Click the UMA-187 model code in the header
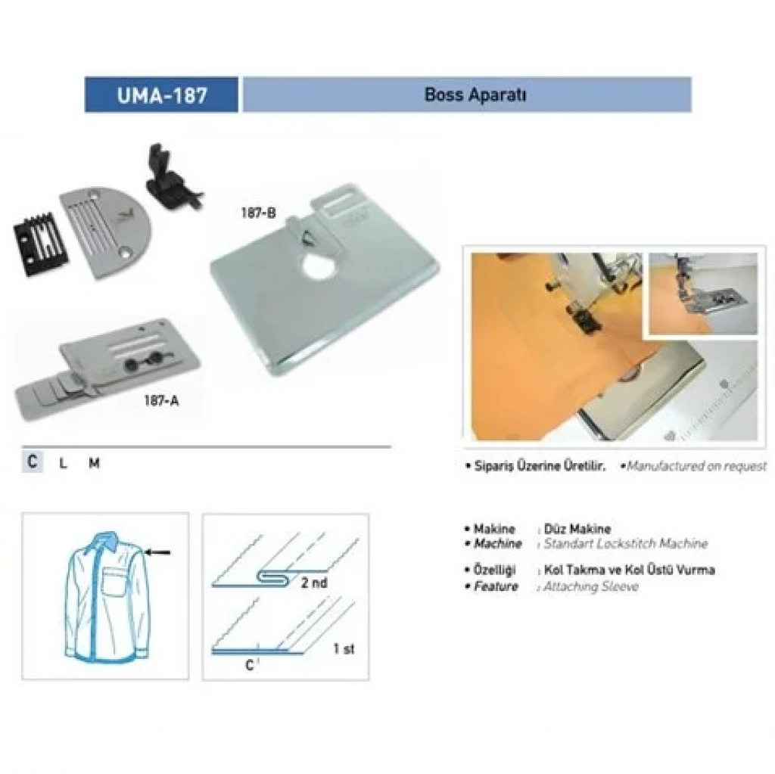click(x=162, y=95)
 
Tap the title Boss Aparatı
click(x=475, y=95)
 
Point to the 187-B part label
click(x=258, y=213)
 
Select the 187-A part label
click(x=161, y=400)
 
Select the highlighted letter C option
click(x=33, y=462)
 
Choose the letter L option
click(x=63, y=463)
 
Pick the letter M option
click(x=94, y=463)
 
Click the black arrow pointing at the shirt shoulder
click(x=157, y=552)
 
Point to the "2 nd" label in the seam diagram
click(x=314, y=583)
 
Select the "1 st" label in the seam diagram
click(x=344, y=648)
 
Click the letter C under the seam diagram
click(x=250, y=665)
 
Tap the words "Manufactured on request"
click(x=696, y=465)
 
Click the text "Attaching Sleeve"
click(x=591, y=586)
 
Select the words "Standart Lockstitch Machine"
click(x=626, y=544)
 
